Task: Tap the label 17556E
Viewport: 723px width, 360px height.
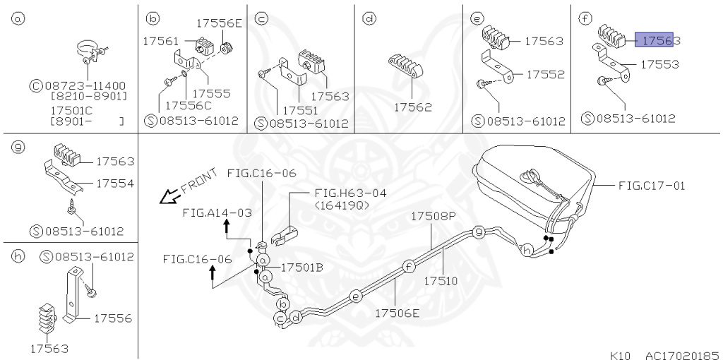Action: [x=219, y=23]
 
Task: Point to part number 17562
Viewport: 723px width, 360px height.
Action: [x=412, y=107]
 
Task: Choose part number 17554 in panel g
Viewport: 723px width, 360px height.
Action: [x=115, y=184]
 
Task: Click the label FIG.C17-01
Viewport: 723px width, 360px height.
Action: [x=651, y=186]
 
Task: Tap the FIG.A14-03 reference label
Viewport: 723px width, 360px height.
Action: [x=217, y=212]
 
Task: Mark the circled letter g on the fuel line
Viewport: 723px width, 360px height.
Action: [x=478, y=232]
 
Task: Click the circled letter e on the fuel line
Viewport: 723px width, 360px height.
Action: [x=355, y=296]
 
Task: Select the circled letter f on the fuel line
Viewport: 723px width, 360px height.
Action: [x=408, y=266]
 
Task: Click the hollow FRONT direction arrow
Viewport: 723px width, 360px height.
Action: [x=168, y=197]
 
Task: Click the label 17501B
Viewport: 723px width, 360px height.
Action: [x=301, y=268]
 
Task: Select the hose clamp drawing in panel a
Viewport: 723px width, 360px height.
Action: [x=90, y=52]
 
